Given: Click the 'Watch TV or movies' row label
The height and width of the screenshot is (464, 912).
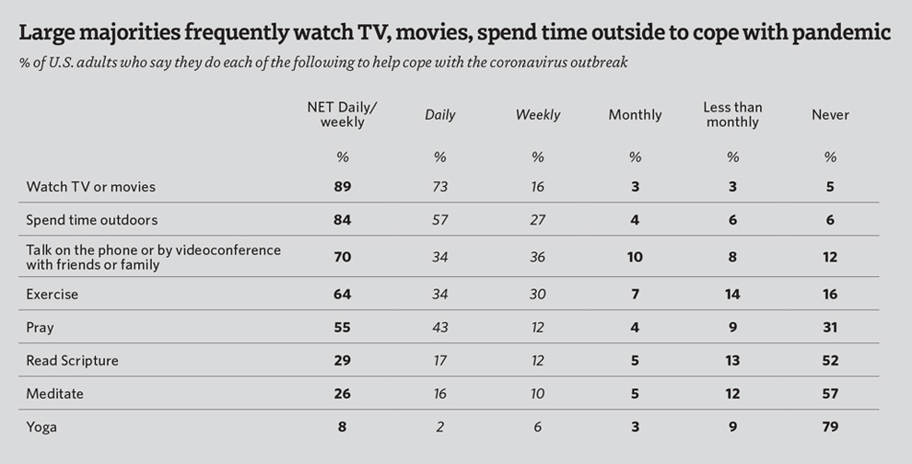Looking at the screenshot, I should tap(90, 187).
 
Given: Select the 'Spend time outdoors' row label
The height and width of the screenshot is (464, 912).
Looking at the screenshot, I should tap(91, 220).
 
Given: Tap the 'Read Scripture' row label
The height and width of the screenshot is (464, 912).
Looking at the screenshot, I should tap(72, 361).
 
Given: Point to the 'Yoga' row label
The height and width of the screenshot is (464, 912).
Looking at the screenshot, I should tap(42, 427).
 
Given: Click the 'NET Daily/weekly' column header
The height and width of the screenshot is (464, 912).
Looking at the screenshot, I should tap(342, 115).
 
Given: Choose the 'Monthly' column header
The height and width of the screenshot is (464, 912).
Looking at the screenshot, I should tap(635, 115).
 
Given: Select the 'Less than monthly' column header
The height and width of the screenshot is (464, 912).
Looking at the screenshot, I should tap(732, 115).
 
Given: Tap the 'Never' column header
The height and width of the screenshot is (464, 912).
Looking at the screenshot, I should tap(830, 115).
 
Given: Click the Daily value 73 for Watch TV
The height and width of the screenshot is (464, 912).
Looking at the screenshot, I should tap(439, 187).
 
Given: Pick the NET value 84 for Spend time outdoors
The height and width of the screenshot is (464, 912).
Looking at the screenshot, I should tap(342, 220).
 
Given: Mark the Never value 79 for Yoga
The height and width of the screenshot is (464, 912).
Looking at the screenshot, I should tap(830, 427).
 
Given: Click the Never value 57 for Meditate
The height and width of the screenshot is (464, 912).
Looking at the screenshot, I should tap(830, 394).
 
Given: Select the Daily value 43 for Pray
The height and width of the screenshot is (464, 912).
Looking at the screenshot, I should tap(439, 328).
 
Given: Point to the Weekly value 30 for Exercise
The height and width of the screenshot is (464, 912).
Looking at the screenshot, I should tap(537, 295).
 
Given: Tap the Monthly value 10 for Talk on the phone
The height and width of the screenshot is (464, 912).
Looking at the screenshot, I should tap(635, 257).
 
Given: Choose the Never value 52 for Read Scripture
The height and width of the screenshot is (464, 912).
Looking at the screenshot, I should tap(830, 361).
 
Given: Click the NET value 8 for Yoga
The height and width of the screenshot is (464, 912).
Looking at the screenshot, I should tap(342, 427).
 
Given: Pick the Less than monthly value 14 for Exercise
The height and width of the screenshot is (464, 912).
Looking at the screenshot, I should tap(732, 295).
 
